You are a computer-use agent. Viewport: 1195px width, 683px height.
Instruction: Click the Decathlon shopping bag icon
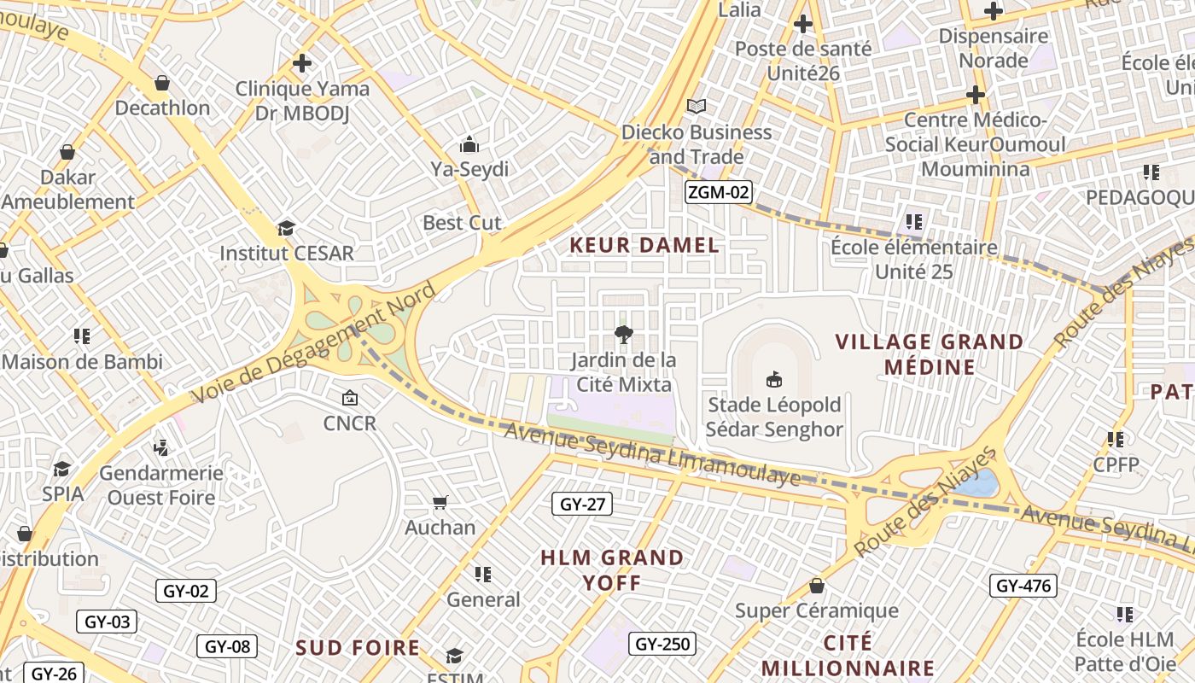162,83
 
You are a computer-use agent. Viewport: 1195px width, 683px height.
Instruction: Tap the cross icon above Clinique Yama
301,63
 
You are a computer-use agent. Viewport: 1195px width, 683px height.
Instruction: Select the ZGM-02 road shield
718,192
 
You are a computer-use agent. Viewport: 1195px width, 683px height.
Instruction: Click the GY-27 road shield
582,504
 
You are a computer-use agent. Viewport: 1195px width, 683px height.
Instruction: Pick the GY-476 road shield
1023,585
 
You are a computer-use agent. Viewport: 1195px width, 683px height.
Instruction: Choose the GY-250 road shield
662,643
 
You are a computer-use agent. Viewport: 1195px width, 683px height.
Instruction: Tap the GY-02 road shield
185,590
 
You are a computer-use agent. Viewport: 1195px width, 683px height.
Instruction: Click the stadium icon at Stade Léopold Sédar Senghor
774,379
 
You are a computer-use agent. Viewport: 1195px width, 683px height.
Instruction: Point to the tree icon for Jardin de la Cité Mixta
624,335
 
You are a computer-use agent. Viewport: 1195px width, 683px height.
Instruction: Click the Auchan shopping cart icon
440,502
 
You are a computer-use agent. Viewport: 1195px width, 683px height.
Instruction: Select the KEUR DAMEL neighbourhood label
644,246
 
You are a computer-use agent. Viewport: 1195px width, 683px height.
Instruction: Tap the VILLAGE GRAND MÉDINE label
930,354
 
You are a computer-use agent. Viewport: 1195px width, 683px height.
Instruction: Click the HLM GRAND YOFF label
612,570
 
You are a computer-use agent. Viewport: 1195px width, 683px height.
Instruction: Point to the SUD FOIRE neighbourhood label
358,648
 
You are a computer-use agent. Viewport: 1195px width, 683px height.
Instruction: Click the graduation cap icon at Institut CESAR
286,229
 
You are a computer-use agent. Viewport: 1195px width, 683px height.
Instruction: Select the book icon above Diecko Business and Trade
697,106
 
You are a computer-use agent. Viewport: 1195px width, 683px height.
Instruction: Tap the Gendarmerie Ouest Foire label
161,485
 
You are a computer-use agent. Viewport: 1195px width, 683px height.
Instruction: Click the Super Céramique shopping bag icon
817,586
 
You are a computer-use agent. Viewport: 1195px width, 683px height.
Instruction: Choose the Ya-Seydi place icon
469,144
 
